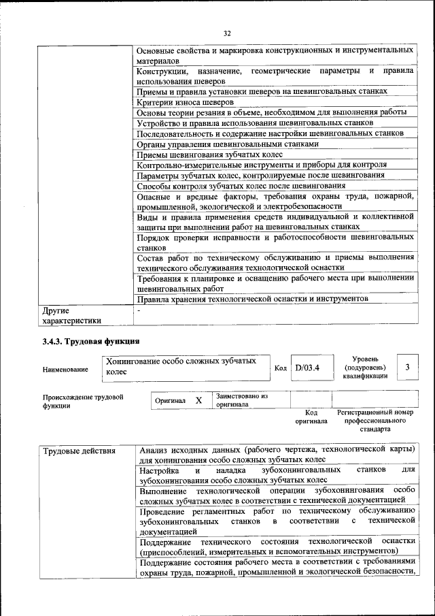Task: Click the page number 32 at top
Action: [x=227, y=33]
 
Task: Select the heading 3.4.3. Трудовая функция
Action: [x=91, y=341]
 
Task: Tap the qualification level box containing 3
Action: [x=407, y=368]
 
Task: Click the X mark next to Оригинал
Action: [x=198, y=401]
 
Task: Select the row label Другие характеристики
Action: [x=72, y=315]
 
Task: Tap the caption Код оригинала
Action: [x=311, y=417]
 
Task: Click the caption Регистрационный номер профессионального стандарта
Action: [x=375, y=421]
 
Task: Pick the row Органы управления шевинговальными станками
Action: [x=227, y=144]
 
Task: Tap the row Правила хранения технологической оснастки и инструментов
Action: [x=253, y=298]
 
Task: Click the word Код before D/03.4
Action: [x=280, y=368]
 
